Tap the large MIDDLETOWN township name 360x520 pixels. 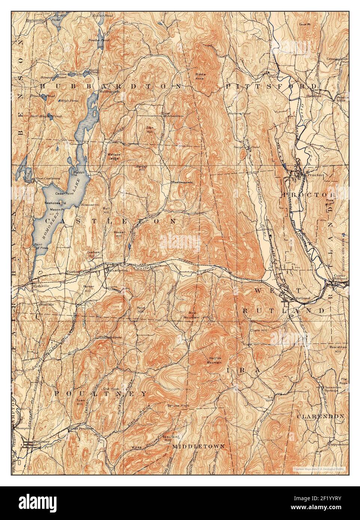tap(198, 446)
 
